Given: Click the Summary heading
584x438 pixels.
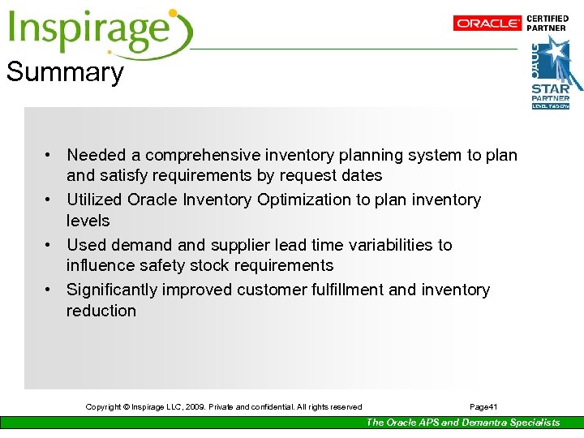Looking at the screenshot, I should pyautogui.click(x=65, y=72).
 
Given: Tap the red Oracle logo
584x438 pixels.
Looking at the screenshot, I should pyautogui.click(x=487, y=24).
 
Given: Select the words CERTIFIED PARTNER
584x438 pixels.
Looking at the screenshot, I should pyautogui.click(x=547, y=23).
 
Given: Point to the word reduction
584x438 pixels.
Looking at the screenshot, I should pyautogui.click(x=101, y=311).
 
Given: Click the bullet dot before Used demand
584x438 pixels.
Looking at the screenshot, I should pyautogui.click(x=49, y=245).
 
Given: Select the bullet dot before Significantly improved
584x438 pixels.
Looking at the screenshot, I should pyautogui.click(x=49, y=290).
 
